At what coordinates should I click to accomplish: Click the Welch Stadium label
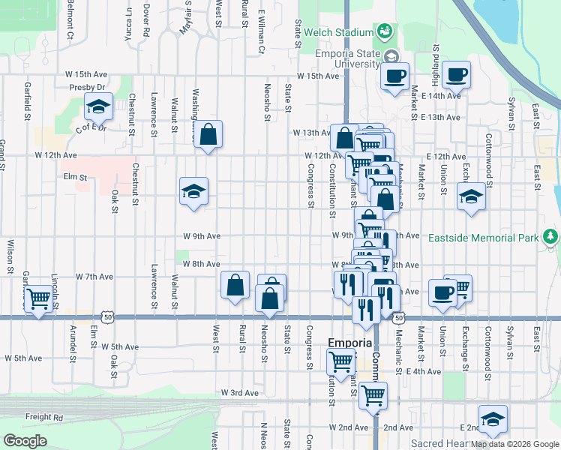pyautogui.click(x=338, y=32)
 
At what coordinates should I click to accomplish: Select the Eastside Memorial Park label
pyautogui.click(x=483, y=238)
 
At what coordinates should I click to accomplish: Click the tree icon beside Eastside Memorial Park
pyautogui.click(x=551, y=238)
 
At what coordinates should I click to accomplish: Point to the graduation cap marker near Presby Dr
pyautogui.click(x=98, y=108)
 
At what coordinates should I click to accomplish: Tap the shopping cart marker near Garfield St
pyautogui.click(x=37, y=298)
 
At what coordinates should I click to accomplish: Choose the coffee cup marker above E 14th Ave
pyautogui.click(x=457, y=75)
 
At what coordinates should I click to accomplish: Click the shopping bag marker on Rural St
pyautogui.click(x=235, y=285)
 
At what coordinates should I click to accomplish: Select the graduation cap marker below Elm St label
pyautogui.click(x=193, y=192)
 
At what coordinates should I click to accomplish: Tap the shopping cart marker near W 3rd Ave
pyautogui.click(x=373, y=394)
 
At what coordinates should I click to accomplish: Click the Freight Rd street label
pyautogui.click(x=43, y=417)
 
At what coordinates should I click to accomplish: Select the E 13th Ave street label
pyautogui.click(x=440, y=118)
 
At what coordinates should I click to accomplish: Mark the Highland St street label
pyautogui.click(x=435, y=67)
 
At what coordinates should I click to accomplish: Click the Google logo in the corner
pyautogui.click(x=25, y=441)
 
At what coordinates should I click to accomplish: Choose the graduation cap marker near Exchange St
pyautogui.click(x=471, y=198)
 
